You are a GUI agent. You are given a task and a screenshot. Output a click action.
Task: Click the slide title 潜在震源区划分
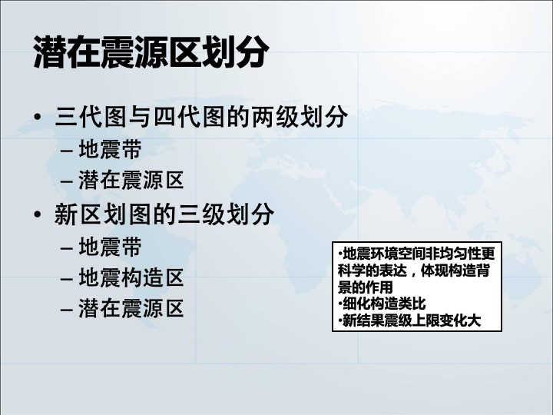(x=151, y=51)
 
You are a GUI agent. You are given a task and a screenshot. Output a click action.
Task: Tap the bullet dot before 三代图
(x=38, y=117)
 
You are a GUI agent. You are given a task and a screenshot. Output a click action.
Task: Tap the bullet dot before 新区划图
(x=38, y=214)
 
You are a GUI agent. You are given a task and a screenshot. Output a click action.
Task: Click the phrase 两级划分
(x=300, y=117)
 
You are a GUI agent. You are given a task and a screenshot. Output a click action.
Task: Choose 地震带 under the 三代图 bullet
(x=110, y=149)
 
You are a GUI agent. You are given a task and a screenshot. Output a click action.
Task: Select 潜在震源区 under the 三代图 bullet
(x=131, y=181)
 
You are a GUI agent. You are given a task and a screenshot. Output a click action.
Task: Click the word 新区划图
(x=103, y=214)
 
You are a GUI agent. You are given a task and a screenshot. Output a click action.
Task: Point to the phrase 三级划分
(x=226, y=214)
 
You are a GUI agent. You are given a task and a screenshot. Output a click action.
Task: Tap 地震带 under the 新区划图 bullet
(x=110, y=247)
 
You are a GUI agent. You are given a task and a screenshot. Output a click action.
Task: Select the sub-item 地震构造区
(x=131, y=277)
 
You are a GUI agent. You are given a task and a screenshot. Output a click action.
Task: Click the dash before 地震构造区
(x=67, y=279)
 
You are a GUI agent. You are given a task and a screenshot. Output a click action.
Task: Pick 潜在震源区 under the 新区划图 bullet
(x=131, y=308)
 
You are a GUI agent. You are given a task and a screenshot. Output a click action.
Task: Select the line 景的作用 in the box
(x=365, y=287)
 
